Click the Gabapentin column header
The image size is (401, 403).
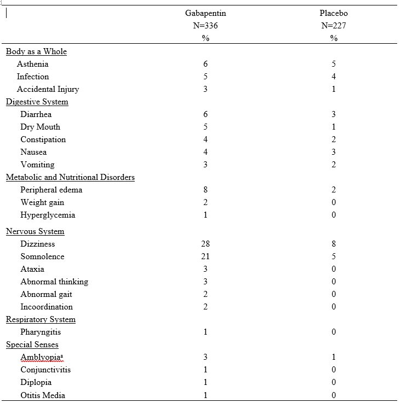(205, 13)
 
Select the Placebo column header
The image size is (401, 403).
(334, 13)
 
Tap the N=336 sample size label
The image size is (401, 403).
(205, 26)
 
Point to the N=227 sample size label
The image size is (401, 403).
(334, 26)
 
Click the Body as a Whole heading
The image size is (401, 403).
(36, 51)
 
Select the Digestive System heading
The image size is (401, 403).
(37, 102)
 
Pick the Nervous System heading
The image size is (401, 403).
(35, 231)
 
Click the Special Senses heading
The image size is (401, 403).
(32, 344)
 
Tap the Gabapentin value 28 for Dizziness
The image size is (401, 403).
(205, 244)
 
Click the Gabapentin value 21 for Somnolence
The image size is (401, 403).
(205, 256)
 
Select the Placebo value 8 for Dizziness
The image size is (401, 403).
(334, 244)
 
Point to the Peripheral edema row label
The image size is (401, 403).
(51, 190)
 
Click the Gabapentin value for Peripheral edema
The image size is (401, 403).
(205, 190)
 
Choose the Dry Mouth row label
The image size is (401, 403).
(40, 127)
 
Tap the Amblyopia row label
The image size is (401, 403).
(42, 357)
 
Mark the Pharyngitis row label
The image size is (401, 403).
(41, 332)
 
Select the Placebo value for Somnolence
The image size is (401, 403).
(334, 256)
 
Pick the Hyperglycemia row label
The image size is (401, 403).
(48, 215)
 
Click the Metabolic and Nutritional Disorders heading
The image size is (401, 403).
(70, 177)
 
